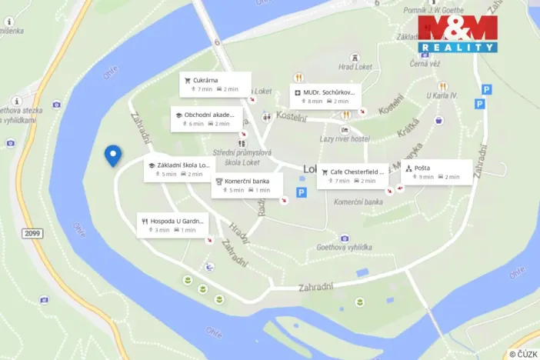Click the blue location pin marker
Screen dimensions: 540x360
(112, 155)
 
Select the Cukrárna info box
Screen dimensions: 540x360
(215, 84)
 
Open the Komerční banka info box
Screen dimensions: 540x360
(247, 185)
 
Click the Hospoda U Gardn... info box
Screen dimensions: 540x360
(173, 225)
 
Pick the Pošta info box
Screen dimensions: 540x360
(436, 172)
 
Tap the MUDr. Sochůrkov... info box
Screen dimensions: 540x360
(326, 95)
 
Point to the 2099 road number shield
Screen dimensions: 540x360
(32, 232)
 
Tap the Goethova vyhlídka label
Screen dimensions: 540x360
(345, 248)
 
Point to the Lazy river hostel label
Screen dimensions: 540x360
(345, 139)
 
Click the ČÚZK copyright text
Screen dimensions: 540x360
(523, 354)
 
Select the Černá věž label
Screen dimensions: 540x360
(424, 64)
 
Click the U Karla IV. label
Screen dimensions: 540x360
(442, 96)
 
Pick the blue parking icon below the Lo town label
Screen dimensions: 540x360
(302, 192)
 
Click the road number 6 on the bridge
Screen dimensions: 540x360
(218, 42)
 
